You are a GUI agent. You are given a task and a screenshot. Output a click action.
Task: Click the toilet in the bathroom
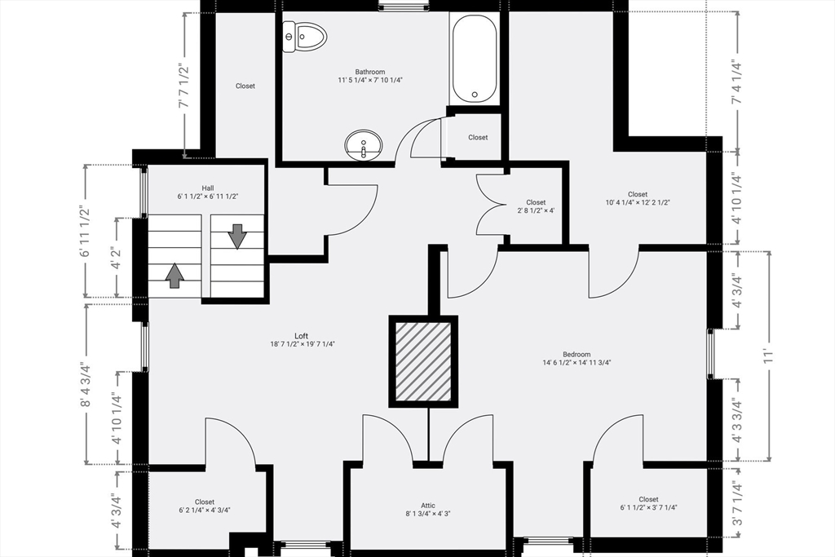click(303, 37)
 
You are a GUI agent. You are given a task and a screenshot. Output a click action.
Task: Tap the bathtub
click(475, 58)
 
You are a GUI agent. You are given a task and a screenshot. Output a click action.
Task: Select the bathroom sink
click(364, 144)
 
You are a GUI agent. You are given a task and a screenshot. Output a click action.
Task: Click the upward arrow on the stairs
click(175, 276)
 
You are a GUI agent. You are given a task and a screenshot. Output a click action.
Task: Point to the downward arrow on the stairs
click(237, 237)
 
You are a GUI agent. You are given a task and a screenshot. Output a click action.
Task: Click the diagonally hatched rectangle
click(423, 361)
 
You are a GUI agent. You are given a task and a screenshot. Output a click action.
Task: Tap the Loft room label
click(302, 335)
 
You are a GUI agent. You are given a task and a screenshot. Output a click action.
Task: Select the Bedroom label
click(577, 354)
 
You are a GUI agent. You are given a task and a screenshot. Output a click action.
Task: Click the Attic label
click(428, 506)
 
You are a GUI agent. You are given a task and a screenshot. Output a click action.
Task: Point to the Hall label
click(208, 188)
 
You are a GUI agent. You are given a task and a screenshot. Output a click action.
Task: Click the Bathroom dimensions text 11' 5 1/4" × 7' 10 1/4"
click(370, 81)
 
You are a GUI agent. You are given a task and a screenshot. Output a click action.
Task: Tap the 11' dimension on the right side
click(767, 356)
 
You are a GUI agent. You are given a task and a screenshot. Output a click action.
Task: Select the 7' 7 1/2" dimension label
click(183, 86)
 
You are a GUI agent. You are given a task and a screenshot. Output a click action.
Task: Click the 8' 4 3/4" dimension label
click(86, 384)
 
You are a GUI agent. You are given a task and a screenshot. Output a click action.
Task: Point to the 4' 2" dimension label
click(117, 257)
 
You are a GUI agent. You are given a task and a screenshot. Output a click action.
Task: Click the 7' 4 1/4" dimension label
click(736, 82)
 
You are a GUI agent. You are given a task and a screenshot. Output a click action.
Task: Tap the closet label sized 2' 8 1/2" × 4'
click(536, 206)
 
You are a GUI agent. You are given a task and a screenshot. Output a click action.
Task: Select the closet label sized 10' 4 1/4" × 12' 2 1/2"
click(638, 199)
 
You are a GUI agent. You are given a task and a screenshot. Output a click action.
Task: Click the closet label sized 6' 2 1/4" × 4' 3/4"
click(205, 506)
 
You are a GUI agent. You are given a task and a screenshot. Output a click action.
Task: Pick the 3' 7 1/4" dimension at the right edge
click(736, 503)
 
